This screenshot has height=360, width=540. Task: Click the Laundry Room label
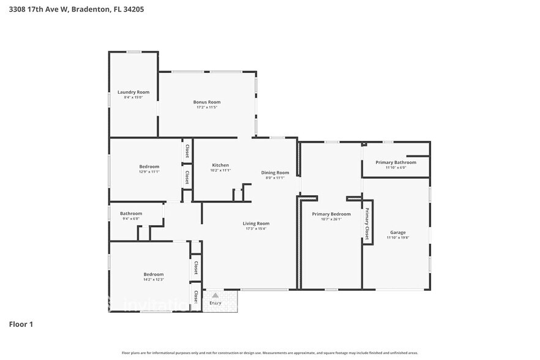click(x=133, y=92)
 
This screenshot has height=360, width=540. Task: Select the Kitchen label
click(x=220, y=165)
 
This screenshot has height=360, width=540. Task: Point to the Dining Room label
click(x=275, y=173)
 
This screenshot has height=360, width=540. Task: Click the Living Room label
click(x=256, y=223)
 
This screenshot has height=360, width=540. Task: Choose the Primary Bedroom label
click(x=331, y=214)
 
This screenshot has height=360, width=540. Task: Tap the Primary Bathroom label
click(x=396, y=162)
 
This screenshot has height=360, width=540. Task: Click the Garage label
click(x=397, y=233)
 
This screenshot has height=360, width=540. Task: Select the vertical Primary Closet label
click(x=367, y=224)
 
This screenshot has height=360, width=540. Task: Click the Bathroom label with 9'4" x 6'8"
click(x=131, y=214)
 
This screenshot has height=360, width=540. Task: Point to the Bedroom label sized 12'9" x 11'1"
click(x=149, y=167)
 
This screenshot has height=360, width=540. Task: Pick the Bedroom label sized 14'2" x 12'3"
click(x=154, y=274)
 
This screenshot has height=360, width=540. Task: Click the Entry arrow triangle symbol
click(x=215, y=295)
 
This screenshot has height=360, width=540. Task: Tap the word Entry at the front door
click(x=215, y=302)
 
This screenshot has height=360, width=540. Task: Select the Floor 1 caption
click(x=21, y=324)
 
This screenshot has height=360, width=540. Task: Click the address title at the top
click(x=68, y=9)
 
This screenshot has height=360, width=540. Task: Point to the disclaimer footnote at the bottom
click(x=269, y=353)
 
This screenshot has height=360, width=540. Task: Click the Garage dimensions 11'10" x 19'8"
click(x=397, y=238)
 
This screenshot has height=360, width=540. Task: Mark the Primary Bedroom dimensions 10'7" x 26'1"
click(x=331, y=219)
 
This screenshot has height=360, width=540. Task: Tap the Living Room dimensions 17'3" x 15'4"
click(x=256, y=229)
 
